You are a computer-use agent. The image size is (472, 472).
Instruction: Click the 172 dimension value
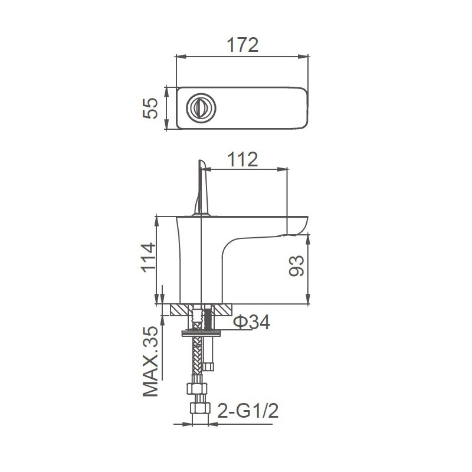click(242, 45)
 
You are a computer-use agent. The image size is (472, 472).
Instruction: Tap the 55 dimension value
click(150, 108)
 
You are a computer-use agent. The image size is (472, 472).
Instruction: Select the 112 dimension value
click(242, 159)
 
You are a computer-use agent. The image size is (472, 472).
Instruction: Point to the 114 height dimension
click(149, 257)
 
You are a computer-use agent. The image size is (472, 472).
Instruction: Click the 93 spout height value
click(297, 266)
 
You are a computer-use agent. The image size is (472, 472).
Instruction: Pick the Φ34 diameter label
click(252, 322)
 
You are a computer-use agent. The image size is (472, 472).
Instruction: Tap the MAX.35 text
click(150, 361)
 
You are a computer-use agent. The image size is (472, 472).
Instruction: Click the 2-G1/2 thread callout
click(248, 411)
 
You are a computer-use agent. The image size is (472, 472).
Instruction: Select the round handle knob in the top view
click(201, 108)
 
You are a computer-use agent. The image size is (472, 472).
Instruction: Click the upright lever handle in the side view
click(202, 188)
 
